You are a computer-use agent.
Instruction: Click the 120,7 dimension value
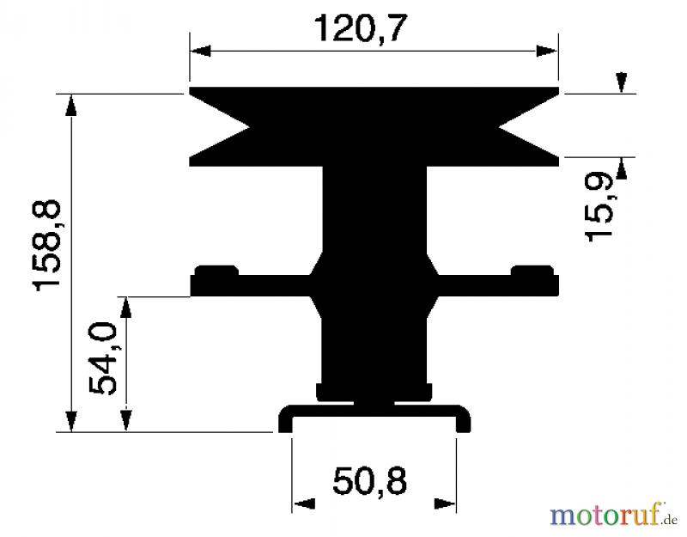pos(361,29)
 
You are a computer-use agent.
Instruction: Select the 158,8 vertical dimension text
pos(46,245)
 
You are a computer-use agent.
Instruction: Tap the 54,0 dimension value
pos(102,358)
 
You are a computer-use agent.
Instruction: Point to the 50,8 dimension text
pos(370,481)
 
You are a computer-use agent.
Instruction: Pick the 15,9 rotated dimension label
pos(599,205)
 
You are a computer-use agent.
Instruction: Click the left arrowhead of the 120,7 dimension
pos(200,51)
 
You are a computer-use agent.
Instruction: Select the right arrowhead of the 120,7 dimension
pos(547,51)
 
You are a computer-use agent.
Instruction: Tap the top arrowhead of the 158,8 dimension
pos(70,105)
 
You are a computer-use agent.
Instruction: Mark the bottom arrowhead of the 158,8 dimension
pos(70,422)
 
